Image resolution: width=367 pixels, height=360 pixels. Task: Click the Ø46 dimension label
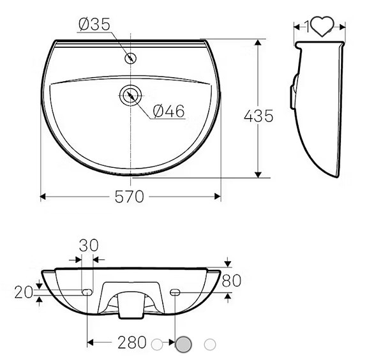[169, 111]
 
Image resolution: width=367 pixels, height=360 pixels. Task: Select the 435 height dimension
[258, 116]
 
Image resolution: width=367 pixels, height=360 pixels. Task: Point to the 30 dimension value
[90, 244]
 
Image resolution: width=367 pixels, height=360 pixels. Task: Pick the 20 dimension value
[24, 292]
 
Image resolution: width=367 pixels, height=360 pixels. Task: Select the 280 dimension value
[131, 343]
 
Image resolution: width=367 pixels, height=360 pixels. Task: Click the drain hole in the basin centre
[131, 95]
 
